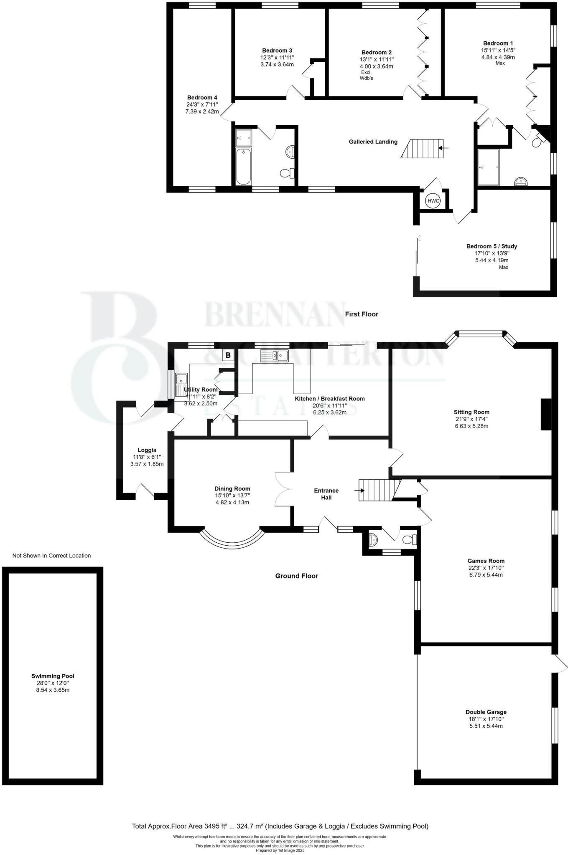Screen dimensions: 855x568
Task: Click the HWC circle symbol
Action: [433, 201]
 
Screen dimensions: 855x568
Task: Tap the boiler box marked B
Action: [228, 355]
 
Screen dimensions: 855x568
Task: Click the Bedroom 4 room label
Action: [202, 98]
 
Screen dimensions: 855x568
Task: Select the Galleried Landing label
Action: [373, 142]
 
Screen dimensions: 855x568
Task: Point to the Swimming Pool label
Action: [53, 676]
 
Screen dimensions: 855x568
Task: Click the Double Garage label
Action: [486, 712]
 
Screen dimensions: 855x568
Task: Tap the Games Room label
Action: [486, 561]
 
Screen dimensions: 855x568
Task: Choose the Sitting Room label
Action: [472, 412]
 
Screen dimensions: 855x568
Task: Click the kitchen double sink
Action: [274, 356]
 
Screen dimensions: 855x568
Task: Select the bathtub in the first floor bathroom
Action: [243, 167]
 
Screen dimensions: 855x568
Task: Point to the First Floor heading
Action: [361, 314]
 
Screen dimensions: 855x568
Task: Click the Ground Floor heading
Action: [296, 576]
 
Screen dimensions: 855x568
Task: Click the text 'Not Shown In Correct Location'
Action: [51, 555]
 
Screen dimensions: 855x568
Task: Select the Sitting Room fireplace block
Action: [546, 414]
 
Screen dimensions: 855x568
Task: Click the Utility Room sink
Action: [181, 379]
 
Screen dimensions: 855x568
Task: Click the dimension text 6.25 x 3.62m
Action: [330, 412]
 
